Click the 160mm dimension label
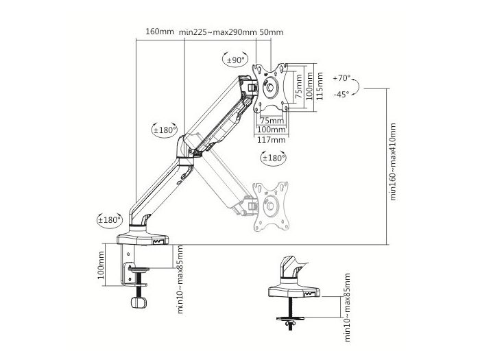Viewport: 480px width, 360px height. click(160, 32)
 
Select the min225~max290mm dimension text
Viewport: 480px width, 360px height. click(217, 32)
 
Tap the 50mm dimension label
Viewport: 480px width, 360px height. click(272, 32)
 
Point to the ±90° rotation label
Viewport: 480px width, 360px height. click(236, 60)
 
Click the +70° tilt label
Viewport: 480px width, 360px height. click(341, 78)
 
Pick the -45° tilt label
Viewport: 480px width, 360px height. click(341, 95)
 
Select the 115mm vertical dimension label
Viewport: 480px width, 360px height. click(320, 86)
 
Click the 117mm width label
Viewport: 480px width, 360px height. click(271, 140)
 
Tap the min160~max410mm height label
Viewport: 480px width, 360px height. click(393, 162)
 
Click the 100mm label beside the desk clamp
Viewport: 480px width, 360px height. click(101, 265)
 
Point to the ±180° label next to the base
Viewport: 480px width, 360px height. click(109, 220)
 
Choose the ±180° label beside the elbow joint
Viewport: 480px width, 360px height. click(165, 130)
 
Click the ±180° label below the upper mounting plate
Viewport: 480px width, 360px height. click(273, 158)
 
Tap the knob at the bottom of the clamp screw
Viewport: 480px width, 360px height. click(139, 302)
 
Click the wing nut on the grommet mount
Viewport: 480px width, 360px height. click(290, 323)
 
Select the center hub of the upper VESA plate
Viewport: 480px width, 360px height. click(270, 87)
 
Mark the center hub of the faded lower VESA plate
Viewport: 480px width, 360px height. click(270, 206)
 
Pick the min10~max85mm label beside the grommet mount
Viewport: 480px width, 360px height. click(347, 308)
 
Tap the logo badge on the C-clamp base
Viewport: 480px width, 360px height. click(158, 242)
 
